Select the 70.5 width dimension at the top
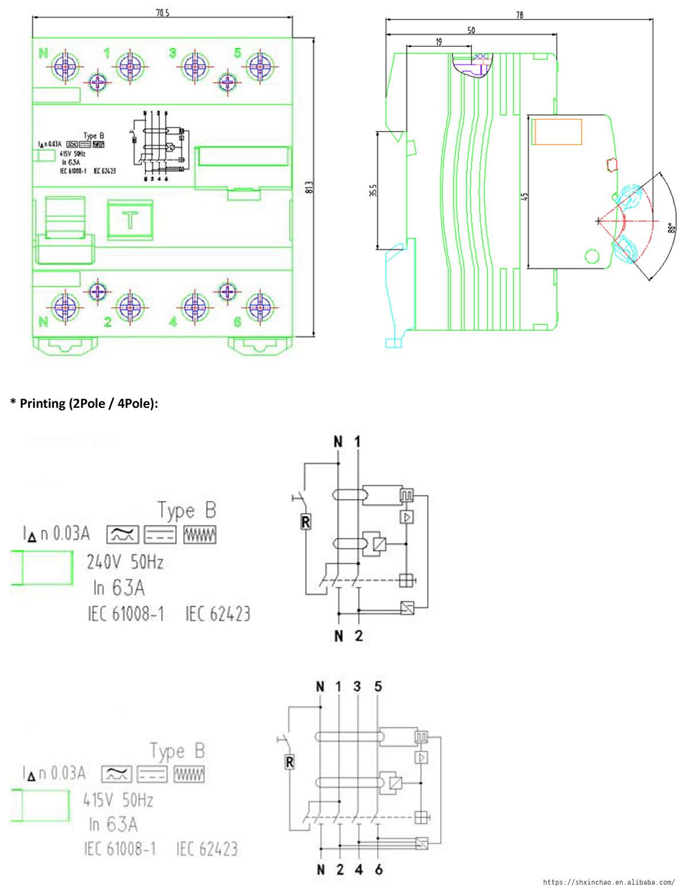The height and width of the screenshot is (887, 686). tap(163, 14)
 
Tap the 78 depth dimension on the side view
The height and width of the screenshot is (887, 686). tap(519, 15)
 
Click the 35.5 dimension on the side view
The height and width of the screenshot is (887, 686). tap(372, 190)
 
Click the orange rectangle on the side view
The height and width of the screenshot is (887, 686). tap(557, 133)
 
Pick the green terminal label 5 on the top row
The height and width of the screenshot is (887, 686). tap(238, 53)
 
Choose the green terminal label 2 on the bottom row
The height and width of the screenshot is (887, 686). tap(107, 322)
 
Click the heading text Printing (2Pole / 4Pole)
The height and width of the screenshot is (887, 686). tap(84, 403)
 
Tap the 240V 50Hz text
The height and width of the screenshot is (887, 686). tap(125, 563)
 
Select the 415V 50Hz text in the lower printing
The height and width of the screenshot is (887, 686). tap(118, 800)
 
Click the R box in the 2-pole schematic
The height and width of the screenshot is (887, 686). tap(306, 522)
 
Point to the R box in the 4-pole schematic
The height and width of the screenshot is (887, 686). tap(290, 762)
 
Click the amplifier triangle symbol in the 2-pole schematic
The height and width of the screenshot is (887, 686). tap(406, 517)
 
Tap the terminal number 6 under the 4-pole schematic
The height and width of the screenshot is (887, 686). tap(378, 870)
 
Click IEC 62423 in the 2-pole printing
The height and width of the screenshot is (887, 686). tap(218, 615)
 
